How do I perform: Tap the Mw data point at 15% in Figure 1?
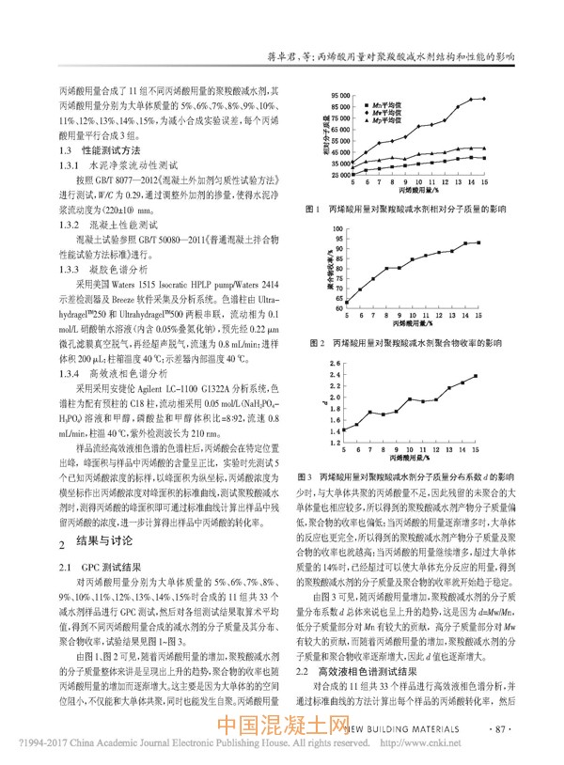click(x=483, y=99)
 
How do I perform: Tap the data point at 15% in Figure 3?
click(x=476, y=377)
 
